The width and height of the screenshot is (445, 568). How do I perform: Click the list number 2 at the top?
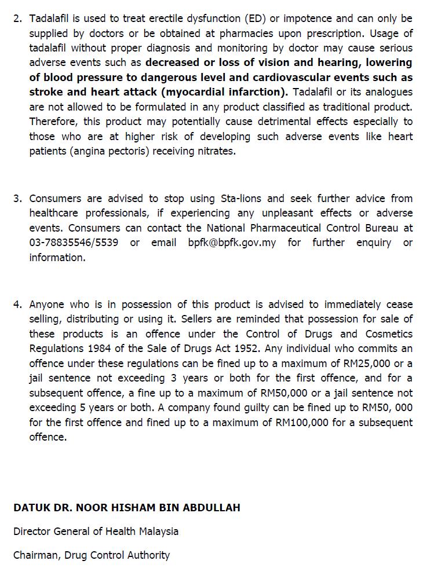[x=17, y=19]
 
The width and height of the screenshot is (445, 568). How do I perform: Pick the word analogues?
[x=388, y=92]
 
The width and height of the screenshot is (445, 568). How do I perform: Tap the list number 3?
[x=17, y=199]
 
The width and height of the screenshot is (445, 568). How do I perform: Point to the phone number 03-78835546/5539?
[x=74, y=243]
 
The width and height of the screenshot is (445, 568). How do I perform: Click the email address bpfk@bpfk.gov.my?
[x=232, y=243]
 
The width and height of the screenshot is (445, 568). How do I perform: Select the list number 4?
[x=17, y=305]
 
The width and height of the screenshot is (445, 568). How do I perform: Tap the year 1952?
[x=254, y=349]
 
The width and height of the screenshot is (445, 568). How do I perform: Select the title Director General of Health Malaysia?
[x=96, y=532]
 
